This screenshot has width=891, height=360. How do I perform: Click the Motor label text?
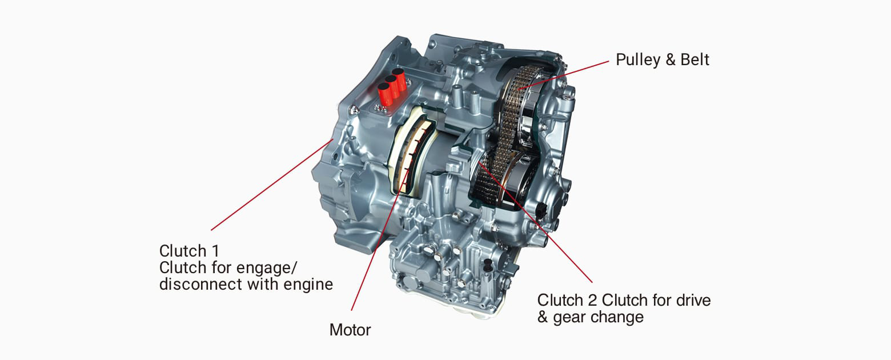(350, 330)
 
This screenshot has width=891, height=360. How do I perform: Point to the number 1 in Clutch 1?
(214, 251)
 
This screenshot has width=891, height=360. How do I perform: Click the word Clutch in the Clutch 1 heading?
(182, 251)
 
